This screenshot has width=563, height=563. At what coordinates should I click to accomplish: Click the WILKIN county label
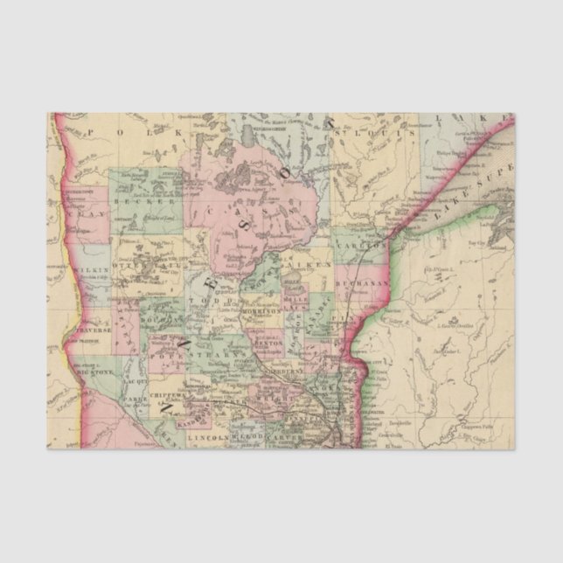coord(94,270)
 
